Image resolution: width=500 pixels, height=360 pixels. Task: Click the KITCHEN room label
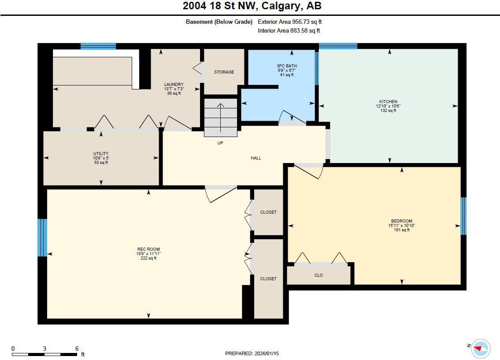[x=388, y=101]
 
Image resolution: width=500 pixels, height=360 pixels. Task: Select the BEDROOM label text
[x=401, y=221]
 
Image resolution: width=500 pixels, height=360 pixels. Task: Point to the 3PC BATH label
[x=286, y=66]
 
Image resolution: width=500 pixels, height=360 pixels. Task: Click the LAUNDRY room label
[x=174, y=84]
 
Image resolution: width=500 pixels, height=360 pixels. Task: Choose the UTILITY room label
[x=100, y=153]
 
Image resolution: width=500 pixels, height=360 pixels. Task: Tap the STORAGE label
[x=224, y=72]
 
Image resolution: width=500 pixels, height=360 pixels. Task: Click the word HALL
[x=256, y=158]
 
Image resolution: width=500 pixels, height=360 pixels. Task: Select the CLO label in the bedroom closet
[x=319, y=275]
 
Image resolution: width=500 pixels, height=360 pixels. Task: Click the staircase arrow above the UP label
[x=220, y=117]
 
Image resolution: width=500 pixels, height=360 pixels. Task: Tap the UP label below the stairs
[x=220, y=143]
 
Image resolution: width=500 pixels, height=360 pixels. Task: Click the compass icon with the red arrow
[x=480, y=349]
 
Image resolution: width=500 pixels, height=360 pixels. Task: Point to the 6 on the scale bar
[x=77, y=349]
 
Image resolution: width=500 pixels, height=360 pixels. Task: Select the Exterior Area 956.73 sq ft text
[x=293, y=22]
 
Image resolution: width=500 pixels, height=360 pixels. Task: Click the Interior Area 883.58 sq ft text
[x=289, y=31]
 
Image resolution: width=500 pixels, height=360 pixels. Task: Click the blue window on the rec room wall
[x=42, y=238]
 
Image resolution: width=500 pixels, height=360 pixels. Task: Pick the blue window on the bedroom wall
[x=463, y=216]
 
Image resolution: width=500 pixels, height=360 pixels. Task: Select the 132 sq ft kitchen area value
[x=388, y=111]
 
